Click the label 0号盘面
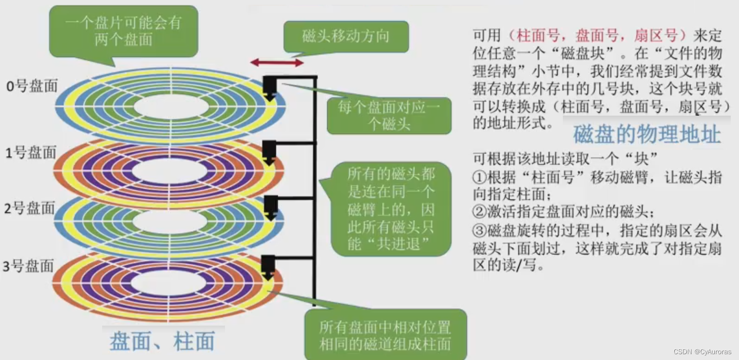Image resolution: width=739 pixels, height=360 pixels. pos(31,87)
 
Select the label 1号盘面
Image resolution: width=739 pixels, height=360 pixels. pos(30,153)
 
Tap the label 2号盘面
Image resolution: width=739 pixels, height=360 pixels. pos(30,209)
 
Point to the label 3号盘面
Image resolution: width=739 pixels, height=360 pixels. pos(29,266)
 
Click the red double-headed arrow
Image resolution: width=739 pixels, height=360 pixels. pos(277,62)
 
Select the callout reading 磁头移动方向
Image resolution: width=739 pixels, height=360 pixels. pos(346,37)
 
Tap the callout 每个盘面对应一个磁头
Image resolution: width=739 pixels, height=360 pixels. pos(389,116)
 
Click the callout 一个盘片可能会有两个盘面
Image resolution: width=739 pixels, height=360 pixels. pos(123,31)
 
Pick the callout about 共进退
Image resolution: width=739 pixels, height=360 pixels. pos(391,209)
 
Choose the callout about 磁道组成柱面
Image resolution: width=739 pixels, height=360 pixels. pos(385,335)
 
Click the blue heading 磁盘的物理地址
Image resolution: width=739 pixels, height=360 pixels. pos(647,135)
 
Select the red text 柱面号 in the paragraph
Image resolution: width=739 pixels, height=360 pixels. pos(537,35)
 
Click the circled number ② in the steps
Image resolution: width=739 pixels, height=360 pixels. pos(479,212)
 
